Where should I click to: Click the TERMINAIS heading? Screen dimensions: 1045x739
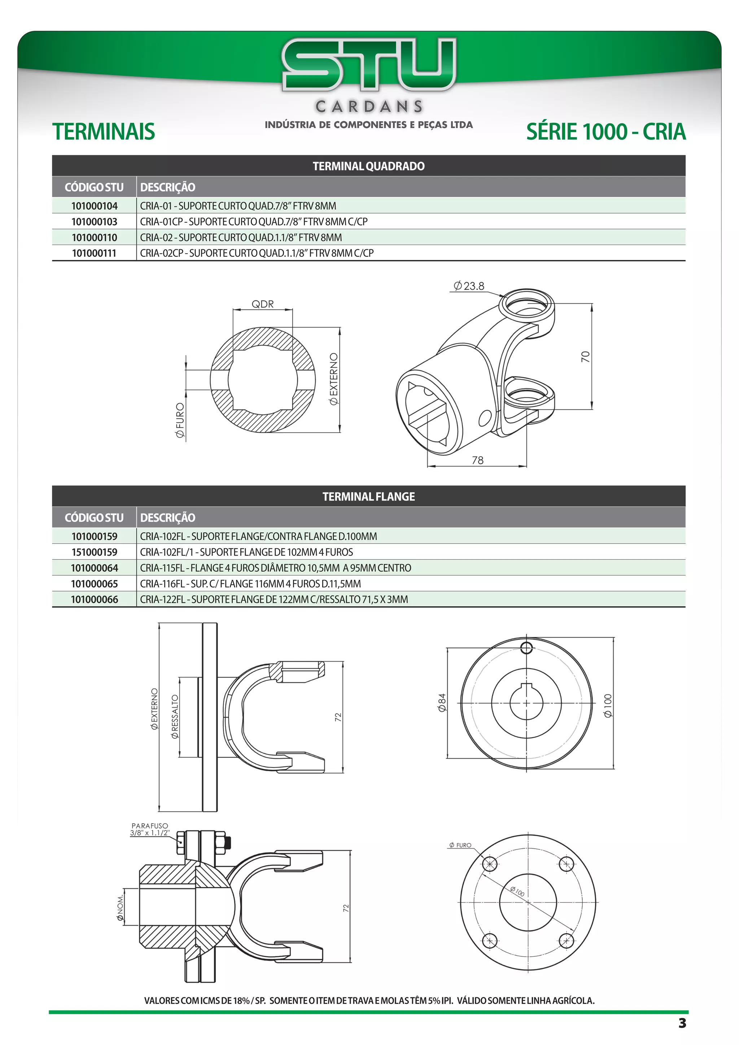point(104,132)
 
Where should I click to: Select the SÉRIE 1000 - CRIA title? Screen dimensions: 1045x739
point(606,132)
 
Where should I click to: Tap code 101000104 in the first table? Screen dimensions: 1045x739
point(94,206)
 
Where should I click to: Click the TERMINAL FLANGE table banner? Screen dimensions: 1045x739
point(368,497)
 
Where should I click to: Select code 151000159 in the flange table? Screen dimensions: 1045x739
point(94,552)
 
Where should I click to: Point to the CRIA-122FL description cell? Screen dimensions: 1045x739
point(274,599)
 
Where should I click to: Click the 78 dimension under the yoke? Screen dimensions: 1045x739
point(477,460)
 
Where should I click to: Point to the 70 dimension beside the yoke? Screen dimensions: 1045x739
point(586,357)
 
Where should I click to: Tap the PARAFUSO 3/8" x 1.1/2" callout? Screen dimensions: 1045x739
point(150,829)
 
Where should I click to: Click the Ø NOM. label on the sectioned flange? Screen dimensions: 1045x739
point(120,908)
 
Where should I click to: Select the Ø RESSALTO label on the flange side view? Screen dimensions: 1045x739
point(175,716)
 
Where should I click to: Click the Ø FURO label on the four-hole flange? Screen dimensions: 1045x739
point(460,845)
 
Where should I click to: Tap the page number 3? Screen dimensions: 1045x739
point(682,1023)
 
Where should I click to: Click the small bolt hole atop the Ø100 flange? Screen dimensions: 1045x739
point(526,648)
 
